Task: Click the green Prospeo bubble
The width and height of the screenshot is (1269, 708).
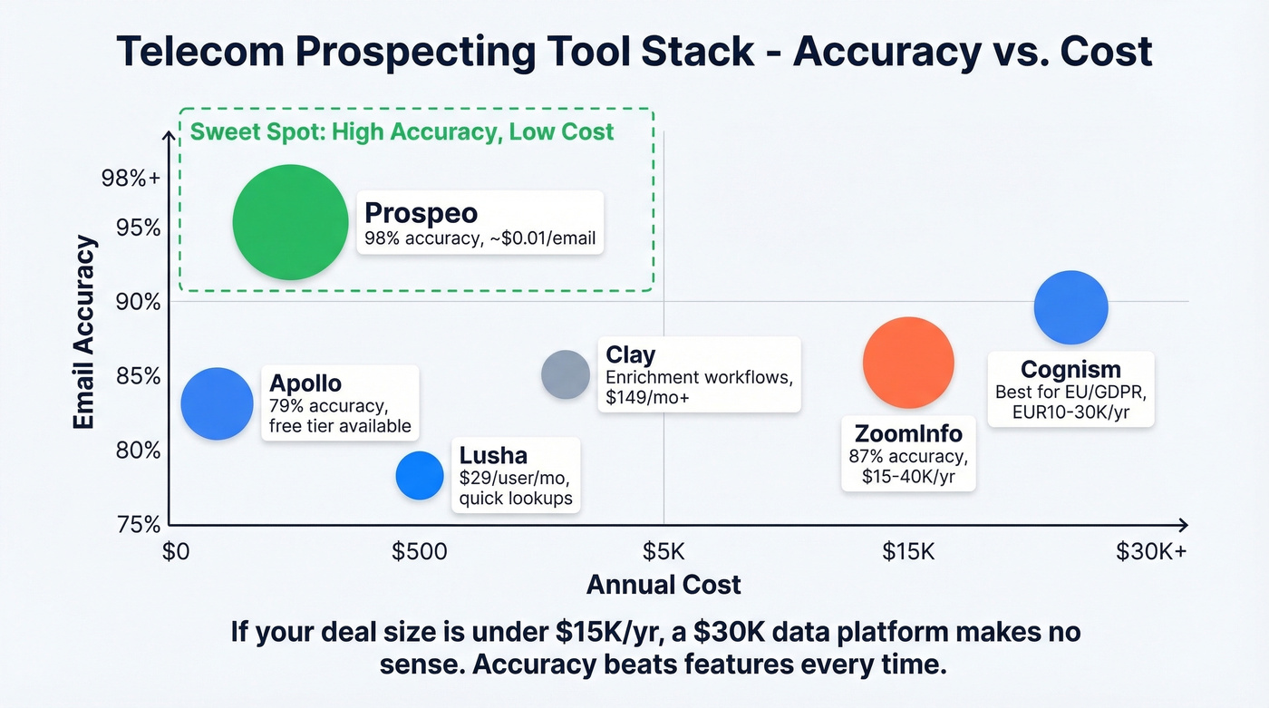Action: click(290, 222)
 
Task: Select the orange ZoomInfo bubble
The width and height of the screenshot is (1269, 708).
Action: click(908, 363)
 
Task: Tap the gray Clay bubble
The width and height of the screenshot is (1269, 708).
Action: click(566, 374)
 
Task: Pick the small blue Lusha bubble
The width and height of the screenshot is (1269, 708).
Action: click(420, 475)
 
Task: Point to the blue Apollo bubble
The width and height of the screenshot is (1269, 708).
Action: click(217, 404)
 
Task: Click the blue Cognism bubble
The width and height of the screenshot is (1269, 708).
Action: click(1070, 307)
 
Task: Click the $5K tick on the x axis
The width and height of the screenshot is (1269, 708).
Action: click(664, 551)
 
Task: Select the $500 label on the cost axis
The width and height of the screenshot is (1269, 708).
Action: click(419, 551)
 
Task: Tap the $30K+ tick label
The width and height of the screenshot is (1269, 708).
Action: click(1150, 551)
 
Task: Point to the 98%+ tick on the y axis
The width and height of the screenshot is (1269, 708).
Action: click(132, 179)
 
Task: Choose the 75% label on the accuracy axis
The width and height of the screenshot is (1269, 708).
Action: click(140, 524)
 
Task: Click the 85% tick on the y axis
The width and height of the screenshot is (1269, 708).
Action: click(140, 375)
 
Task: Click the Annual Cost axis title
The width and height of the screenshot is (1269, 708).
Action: click(664, 585)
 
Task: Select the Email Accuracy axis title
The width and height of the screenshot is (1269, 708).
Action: click(85, 332)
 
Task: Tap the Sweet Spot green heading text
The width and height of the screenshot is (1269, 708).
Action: click(402, 131)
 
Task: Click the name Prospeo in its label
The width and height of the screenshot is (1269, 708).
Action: click(421, 213)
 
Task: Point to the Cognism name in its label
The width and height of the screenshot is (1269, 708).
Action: click(1070, 370)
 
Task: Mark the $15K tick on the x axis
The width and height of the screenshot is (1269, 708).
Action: click(908, 551)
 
